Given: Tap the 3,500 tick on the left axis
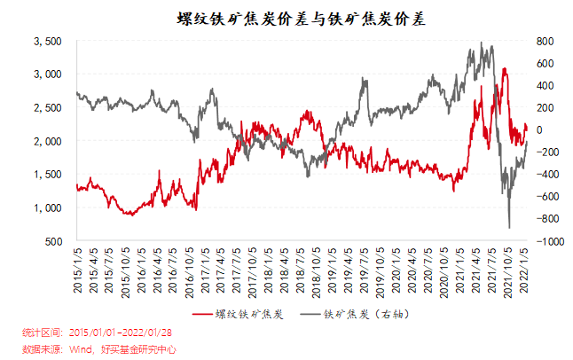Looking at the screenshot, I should (47, 42).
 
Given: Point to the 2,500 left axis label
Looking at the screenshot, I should (47, 108).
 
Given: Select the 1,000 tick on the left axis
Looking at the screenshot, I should (47, 207).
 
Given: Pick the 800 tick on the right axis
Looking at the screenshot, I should (544, 42).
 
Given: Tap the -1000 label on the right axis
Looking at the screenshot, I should (547, 241).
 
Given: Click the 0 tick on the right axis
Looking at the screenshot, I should (538, 130).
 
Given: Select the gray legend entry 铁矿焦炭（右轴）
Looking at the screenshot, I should (355, 314).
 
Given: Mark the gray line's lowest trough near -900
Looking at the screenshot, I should (509, 228).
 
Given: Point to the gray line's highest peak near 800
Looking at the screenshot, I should (481, 42).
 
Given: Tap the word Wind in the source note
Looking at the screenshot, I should (81, 348).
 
